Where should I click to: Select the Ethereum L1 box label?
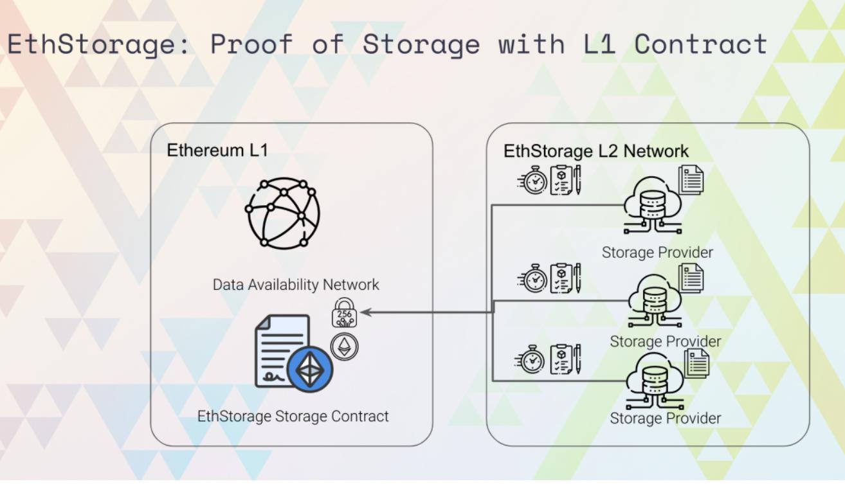[217, 150]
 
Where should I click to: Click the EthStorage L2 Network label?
[596, 151]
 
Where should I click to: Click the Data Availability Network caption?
[296, 284]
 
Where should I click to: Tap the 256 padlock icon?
[344, 313]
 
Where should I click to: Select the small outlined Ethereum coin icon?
[345, 346]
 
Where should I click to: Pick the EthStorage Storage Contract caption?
[293, 416]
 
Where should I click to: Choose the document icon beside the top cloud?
[691, 180]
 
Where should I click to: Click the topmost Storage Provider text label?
[657, 252]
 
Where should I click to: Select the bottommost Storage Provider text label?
[665, 418]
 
